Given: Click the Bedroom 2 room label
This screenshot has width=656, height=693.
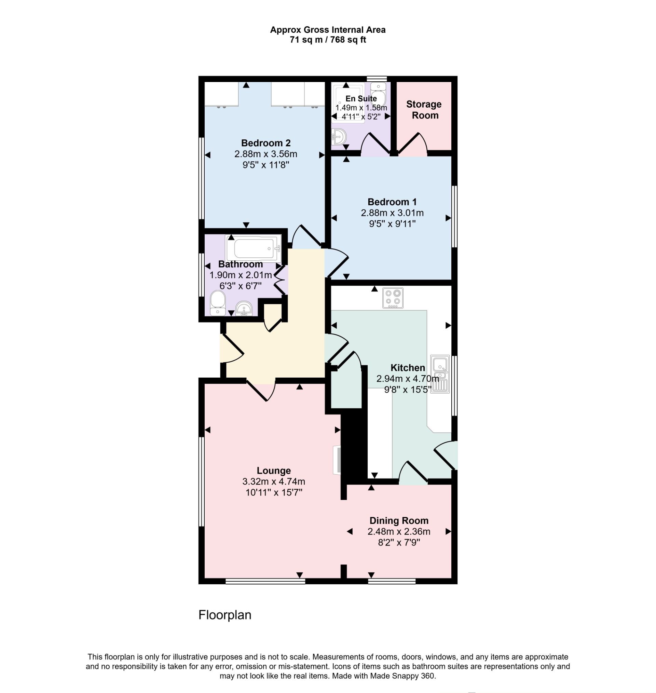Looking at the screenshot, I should (x=265, y=143).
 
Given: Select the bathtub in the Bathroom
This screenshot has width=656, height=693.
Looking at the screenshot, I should (x=254, y=249).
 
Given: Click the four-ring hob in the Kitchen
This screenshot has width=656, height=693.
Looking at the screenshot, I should (x=393, y=298).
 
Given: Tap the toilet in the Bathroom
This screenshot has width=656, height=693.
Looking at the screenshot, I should (x=218, y=303).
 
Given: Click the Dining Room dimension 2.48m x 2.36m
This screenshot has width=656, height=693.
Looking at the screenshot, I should (x=399, y=531).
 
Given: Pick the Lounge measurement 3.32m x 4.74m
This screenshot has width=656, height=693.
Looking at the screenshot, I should (x=274, y=481).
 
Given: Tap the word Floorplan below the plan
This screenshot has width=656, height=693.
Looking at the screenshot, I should (x=225, y=615).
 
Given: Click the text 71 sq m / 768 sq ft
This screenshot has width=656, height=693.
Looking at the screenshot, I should (x=328, y=40).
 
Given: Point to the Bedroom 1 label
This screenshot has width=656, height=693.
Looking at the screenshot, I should (x=392, y=202).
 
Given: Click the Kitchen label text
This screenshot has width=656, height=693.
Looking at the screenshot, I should (x=408, y=367).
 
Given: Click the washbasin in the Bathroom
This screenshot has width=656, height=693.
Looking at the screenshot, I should (x=244, y=309).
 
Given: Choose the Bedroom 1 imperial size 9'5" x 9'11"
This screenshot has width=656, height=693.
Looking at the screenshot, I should (x=392, y=224).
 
